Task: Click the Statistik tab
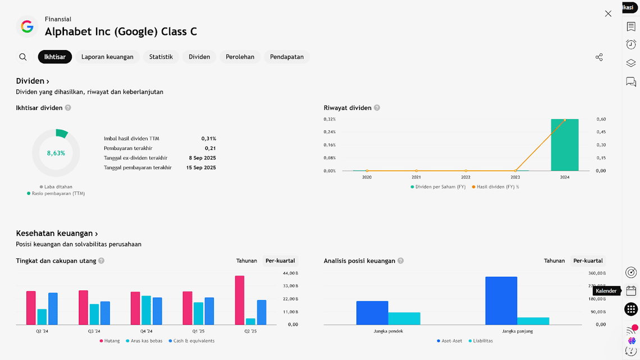[x=161, y=57]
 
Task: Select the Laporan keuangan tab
[x=107, y=57]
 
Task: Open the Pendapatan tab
[x=287, y=57]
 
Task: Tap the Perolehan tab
[x=240, y=57]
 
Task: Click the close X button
[x=608, y=13]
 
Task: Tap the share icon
[x=599, y=57]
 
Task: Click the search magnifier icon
[x=23, y=57]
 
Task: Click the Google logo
[x=27, y=26]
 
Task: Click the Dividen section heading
[x=33, y=81]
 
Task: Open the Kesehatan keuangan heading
[x=57, y=234]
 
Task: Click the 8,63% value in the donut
[x=56, y=153]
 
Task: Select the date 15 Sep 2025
[x=201, y=167]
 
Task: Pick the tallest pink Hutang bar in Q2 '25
[x=240, y=300]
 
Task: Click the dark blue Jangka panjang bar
[x=501, y=300]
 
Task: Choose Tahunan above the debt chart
[x=246, y=261]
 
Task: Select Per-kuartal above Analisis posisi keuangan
[x=588, y=261]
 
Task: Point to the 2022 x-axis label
[x=466, y=177]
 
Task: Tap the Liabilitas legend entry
[x=482, y=341]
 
